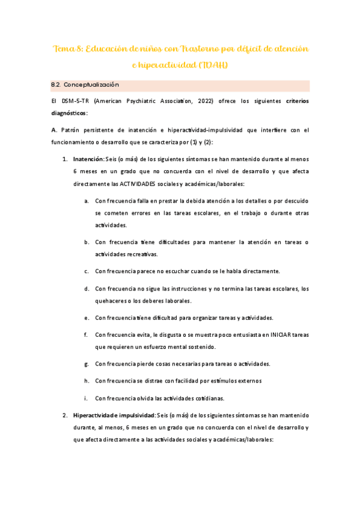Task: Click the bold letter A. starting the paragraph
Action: (x=54, y=130)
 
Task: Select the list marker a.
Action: (x=87, y=200)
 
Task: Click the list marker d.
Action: (x=87, y=289)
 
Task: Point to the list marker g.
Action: (x=87, y=364)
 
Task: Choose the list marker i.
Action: (x=87, y=398)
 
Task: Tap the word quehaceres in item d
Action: (x=112, y=300)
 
